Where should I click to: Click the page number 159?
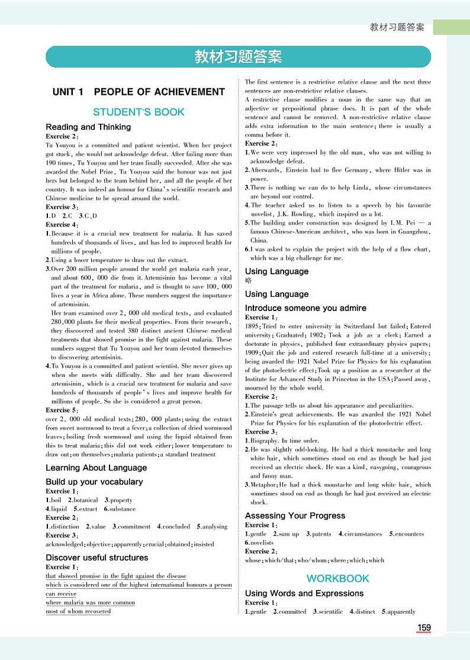pos(424,628)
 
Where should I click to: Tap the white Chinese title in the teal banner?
pos(238,57)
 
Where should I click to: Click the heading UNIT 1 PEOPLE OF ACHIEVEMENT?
pos(139,92)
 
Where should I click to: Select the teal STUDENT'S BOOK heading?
pos(139,112)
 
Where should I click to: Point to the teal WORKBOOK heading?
pos(337,578)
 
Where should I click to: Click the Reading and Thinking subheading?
pos(88,127)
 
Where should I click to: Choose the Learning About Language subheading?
pos(96,467)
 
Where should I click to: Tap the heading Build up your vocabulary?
pos(94,482)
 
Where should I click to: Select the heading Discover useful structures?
pos(97,558)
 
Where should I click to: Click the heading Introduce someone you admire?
pos(305,308)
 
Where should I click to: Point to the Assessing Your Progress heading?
pos(295,515)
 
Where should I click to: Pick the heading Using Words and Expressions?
pos(304,593)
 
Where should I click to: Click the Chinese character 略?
pos(249,281)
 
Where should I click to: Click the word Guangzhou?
pos(412,232)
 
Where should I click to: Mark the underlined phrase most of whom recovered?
pos(78,611)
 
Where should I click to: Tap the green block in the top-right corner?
pos(450,27)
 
